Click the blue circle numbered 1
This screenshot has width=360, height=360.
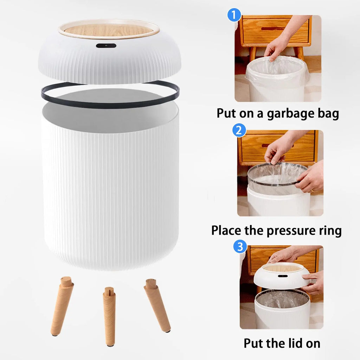(234, 16)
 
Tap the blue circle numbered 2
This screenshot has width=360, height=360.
(239, 131)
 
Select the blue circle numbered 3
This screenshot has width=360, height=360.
(240, 246)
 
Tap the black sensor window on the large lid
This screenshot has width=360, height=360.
(106, 46)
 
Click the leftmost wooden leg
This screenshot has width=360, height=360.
(62, 306)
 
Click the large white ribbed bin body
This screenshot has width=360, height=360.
(110, 190)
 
